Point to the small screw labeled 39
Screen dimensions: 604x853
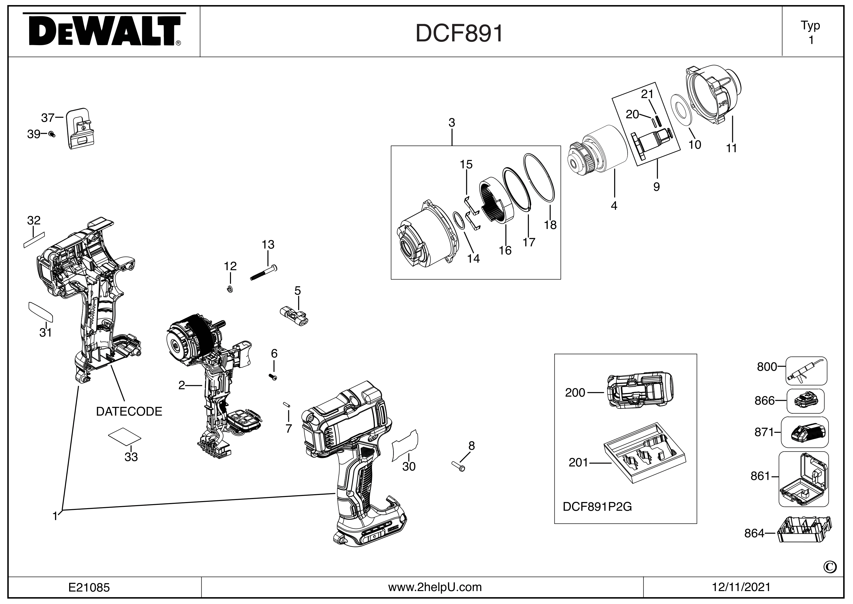coord(52,134)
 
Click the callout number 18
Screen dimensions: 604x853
coord(550,225)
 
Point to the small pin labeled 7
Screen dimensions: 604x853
coord(287,405)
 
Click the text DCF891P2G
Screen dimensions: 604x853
coord(597,507)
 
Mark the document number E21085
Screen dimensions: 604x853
coord(89,587)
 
